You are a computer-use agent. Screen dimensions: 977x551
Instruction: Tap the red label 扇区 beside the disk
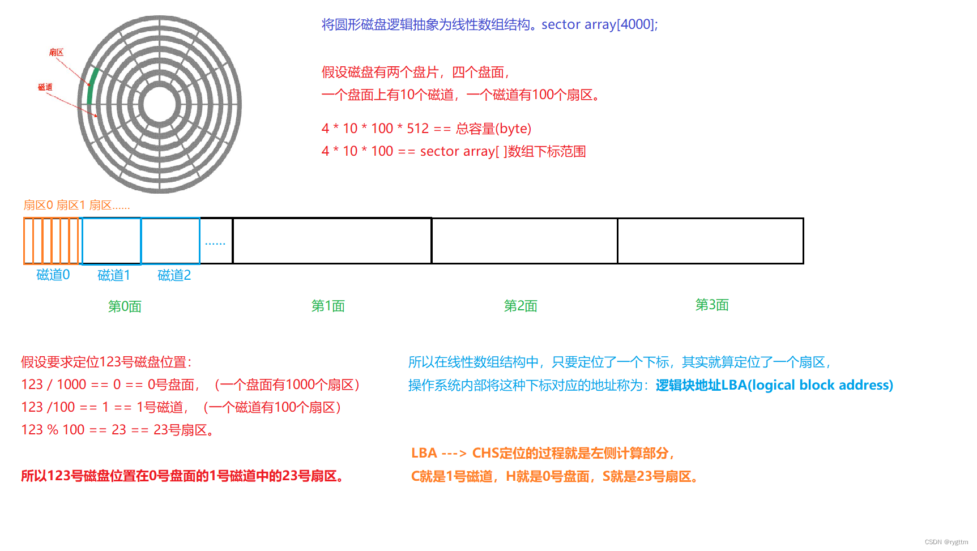(56, 53)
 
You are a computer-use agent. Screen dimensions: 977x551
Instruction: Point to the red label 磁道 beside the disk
(45, 87)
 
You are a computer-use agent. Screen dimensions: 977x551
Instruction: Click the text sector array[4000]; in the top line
(599, 24)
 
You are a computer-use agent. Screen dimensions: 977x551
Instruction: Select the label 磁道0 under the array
(53, 275)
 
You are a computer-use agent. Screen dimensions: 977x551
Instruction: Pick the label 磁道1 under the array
(114, 276)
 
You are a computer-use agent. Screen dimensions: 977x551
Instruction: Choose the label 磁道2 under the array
(174, 276)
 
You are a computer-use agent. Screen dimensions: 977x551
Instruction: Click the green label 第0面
(125, 307)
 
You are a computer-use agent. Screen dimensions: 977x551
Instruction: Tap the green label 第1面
(328, 306)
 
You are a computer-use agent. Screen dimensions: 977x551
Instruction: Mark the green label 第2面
(521, 306)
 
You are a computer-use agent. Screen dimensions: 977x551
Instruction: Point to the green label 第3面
(712, 305)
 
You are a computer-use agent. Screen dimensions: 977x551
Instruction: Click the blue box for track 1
(112, 241)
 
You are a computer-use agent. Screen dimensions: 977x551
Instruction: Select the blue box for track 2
(170, 241)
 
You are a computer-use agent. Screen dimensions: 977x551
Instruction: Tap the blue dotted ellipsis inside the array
(215, 243)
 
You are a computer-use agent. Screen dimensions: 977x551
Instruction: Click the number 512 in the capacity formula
(418, 129)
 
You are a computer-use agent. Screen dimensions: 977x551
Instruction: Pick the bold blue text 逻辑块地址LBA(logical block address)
(774, 386)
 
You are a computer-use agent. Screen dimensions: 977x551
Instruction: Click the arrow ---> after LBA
(454, 454)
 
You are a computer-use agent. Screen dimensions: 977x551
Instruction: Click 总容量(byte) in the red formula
(493, 129)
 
